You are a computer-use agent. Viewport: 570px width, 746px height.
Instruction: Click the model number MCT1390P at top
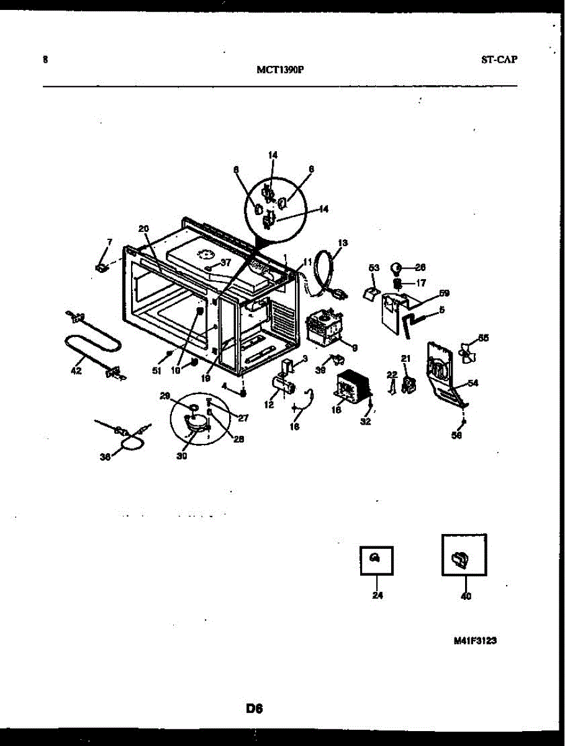click(x=280, y=70)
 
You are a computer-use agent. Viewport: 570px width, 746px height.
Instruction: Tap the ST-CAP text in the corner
click(x=499, y=60)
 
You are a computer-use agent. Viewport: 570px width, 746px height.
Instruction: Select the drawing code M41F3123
click(x=474, y=642)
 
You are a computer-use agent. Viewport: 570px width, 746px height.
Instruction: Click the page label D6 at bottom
click(x=255, y=707)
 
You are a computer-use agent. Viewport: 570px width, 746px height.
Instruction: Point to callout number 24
click(x=378, y=596)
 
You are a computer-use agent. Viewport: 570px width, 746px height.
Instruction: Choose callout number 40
click(x=466, y=596)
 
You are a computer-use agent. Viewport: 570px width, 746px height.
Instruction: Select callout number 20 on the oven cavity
click(x=143, y=229)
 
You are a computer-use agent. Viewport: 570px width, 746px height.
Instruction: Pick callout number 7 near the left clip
click(x=110, y=241)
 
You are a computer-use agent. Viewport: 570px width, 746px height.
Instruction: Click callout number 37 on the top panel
click(x=225, y=262)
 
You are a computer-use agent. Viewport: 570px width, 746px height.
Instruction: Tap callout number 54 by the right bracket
click(x=473, y=384)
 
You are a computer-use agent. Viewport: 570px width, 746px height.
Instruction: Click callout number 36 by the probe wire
click(x=106, y=457)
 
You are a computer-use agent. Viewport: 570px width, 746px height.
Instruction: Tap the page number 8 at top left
click(x=45, y=60)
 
